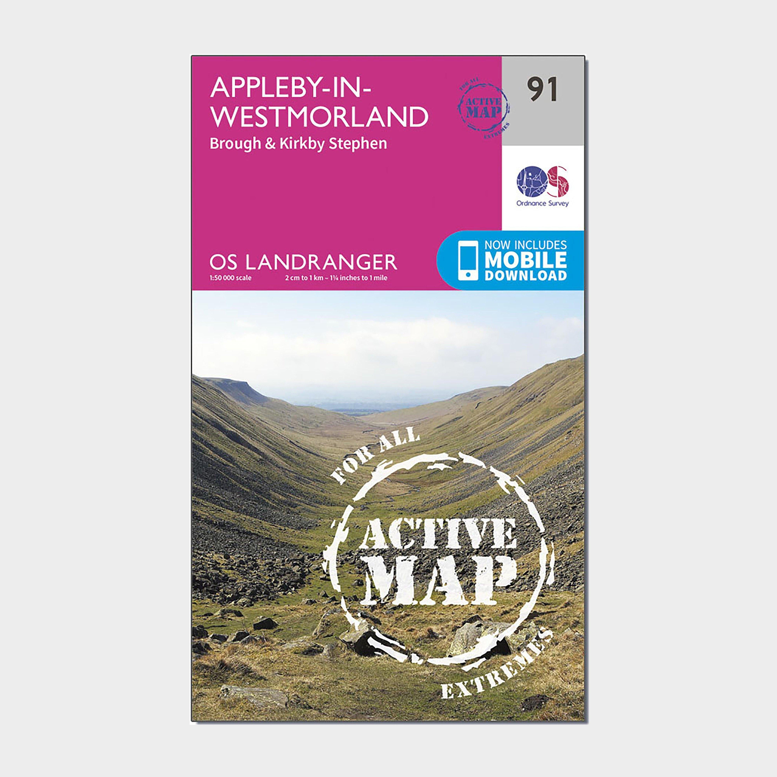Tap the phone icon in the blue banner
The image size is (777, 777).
click(x=468, y=260)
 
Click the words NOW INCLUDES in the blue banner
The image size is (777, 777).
click(x=526, y=245)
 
